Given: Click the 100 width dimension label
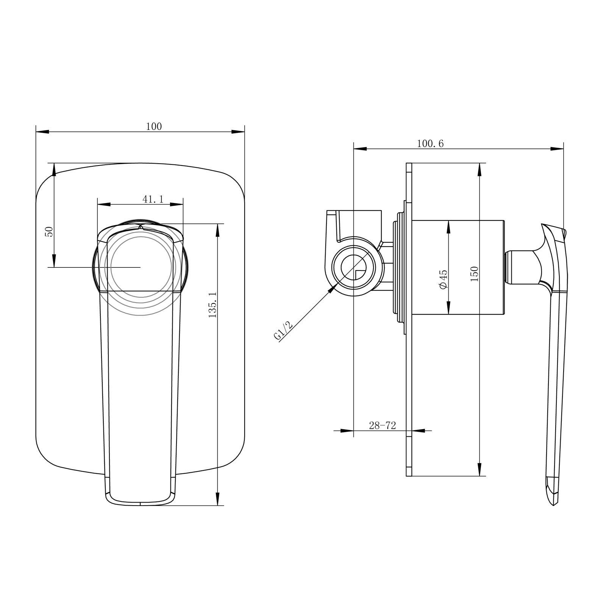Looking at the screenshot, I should point(154,127).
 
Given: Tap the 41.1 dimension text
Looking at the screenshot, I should point(153,199).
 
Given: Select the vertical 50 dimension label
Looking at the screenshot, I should point(49,231).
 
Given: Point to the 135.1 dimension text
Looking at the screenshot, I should point(212,305).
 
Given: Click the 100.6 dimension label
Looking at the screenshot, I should point(430,144).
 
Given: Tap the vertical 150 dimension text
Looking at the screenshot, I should point(475,274).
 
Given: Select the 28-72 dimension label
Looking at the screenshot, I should point(382,426).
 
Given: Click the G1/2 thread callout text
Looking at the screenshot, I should point(283,330).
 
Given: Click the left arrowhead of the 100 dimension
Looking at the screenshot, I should point(42,132).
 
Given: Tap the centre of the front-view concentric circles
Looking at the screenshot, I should point(140,267).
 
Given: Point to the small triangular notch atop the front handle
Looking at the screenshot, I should point(141,227).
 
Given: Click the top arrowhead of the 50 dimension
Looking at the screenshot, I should point(54,169).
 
